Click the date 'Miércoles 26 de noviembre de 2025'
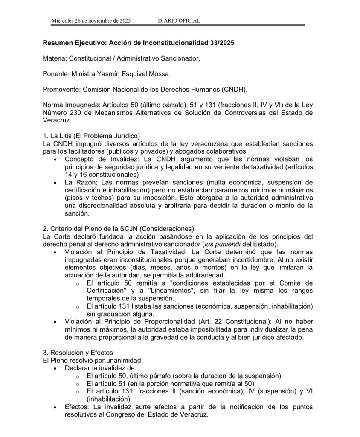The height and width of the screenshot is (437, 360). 91,20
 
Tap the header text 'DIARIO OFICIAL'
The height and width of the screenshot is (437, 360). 179,20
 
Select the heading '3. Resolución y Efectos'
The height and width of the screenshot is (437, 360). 78,353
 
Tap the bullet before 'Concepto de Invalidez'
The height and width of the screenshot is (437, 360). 56,159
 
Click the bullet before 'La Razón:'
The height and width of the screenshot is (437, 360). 56,182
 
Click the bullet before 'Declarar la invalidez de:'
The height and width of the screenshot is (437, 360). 56,368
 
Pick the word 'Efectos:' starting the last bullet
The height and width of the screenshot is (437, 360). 78,407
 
